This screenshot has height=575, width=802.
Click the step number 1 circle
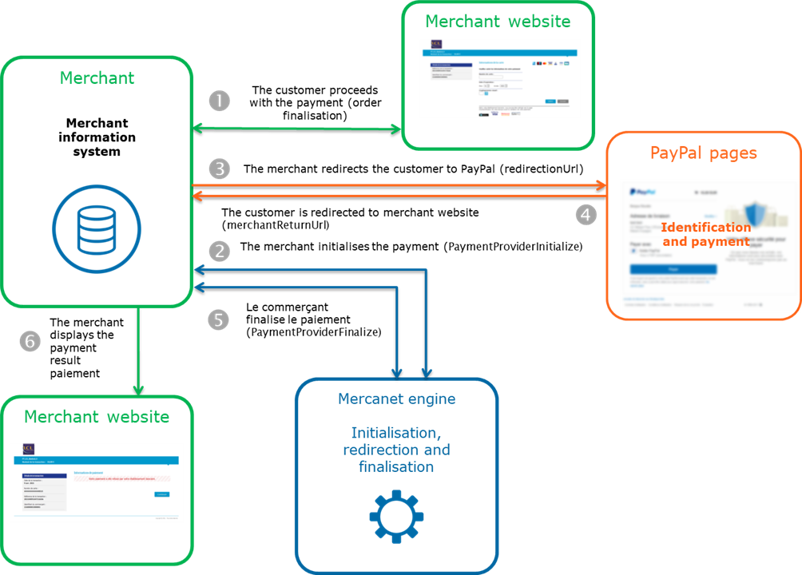tap(219, 101)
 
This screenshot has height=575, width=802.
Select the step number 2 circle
tap(219, 252)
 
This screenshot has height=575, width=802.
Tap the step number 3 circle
tap(219, 169)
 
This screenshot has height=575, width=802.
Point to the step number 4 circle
tap(586, 214)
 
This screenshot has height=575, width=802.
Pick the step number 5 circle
tap(219, 319)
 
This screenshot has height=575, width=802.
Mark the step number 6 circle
tap(30, 342)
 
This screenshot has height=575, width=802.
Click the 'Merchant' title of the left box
tap(97, 78)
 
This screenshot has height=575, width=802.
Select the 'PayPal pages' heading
tap(703, 153)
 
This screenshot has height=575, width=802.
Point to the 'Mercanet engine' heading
tap(396, 399)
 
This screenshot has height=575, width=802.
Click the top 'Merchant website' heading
tap(498, 22)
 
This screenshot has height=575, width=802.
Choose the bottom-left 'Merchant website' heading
tap(97, 417)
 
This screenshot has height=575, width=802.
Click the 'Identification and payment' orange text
tap(706, 234)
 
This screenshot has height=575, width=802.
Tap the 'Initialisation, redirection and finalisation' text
tap(396, 450)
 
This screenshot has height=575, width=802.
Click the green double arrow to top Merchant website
tap(296, 128)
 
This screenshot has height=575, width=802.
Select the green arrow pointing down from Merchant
tap(138, 351)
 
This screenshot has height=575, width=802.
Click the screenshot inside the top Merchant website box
tap(499, 78)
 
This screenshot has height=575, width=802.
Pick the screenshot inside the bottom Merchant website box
tap(97, 482)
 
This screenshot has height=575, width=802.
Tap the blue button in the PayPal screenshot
tap(673, 270)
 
